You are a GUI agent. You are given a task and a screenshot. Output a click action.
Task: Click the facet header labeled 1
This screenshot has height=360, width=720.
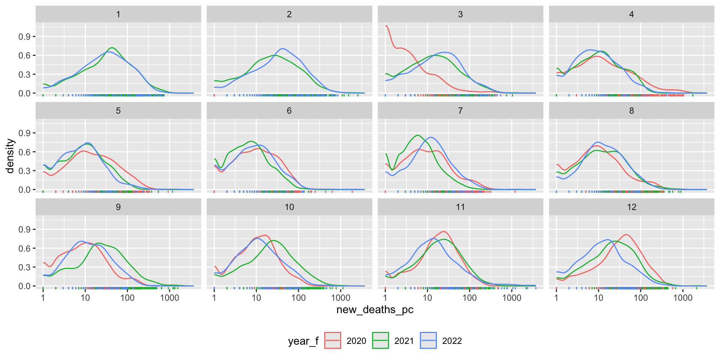click(x=118, y=14)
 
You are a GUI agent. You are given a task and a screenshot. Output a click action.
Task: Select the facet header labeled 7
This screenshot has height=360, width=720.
click(x=460, y=111)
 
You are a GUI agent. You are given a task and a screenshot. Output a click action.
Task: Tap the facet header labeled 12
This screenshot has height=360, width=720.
click(x=631, y=207)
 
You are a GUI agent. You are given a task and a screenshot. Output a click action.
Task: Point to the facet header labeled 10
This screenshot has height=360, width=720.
click(x=289, y=207)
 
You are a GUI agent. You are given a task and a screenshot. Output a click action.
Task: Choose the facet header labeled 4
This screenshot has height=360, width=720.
click(x=631, y=14)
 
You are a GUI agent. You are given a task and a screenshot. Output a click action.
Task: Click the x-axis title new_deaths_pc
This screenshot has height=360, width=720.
click(x=375, y=310)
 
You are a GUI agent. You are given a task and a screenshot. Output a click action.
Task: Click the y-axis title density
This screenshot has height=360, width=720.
click(x=10, y=156)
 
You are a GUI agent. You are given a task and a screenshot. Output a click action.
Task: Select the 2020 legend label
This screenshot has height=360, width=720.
click(x=356, y=341)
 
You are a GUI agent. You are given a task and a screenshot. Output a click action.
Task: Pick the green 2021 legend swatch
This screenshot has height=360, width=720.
click(x=380, y=340)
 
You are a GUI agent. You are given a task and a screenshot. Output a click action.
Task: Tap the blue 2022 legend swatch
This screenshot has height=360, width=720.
click(x=428, y=340)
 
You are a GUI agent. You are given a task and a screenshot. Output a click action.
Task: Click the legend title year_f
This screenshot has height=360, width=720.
click(x=303, y=341)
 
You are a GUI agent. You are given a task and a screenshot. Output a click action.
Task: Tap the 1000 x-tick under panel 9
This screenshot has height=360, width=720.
click(x=169, y=298)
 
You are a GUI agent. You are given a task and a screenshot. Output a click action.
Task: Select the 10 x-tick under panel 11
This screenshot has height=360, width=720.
click(x=427, y=298)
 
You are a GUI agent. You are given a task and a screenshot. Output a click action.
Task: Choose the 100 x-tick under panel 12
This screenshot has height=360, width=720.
click(x=640, y=298)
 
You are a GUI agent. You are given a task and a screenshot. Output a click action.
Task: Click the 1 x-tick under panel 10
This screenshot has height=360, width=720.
click(x=214, y=298)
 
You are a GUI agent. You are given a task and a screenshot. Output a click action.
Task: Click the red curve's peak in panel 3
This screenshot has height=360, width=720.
click(x=386, y=26)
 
